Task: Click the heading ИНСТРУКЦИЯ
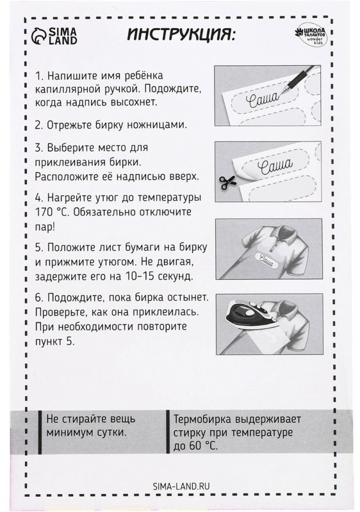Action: (x=181, y=33)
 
